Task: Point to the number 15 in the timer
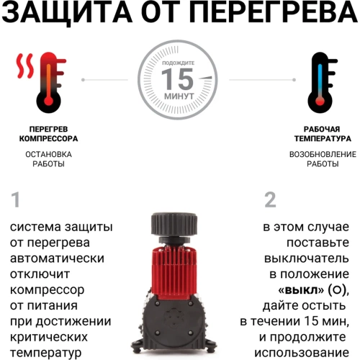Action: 178,78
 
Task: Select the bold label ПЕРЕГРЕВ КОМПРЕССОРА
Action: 48,134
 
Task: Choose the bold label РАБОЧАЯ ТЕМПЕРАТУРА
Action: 321,134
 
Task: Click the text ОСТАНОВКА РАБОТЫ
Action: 48,158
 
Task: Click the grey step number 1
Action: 17,199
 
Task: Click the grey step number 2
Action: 270,199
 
